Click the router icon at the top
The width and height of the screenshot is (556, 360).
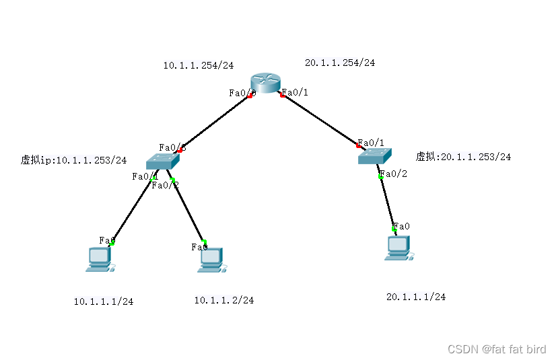267,83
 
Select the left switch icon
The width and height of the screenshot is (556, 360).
163,161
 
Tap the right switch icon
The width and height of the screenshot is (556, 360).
375,157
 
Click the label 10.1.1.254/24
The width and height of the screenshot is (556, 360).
199,65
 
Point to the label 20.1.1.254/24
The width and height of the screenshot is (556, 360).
340,63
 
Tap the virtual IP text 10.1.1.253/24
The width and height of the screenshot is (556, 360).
74,160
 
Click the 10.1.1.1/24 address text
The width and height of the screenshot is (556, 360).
104,301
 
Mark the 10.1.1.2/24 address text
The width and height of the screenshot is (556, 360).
224,300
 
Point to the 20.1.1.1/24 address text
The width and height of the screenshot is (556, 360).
416,297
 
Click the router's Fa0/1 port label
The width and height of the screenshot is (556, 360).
296,92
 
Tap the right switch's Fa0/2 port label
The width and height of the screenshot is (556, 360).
394,174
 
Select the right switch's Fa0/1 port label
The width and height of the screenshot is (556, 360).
372,143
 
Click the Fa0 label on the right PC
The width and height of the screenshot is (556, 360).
402,226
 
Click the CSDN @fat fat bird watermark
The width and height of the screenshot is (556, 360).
497,349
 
